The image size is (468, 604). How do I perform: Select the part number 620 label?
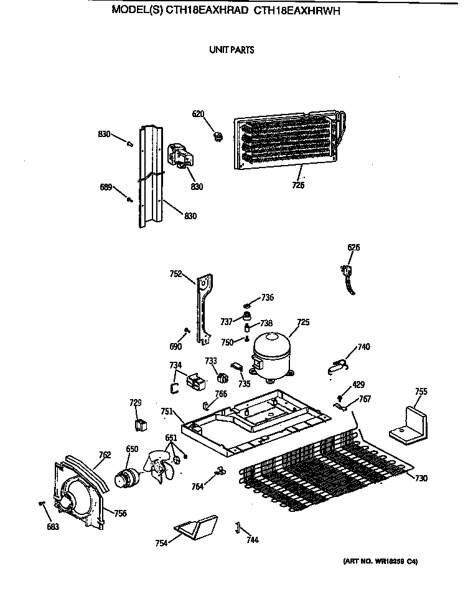198,114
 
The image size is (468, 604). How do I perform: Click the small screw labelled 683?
42,503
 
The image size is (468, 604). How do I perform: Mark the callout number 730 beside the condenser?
421,478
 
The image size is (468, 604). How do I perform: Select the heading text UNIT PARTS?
232,50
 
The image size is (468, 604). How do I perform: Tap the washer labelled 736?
247,305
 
